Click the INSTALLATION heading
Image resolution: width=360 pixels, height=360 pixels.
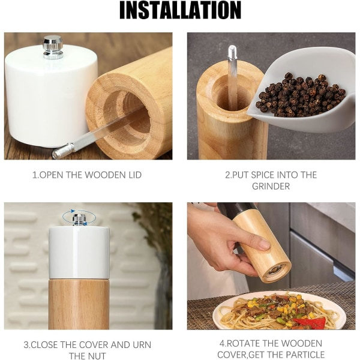coord(180,10)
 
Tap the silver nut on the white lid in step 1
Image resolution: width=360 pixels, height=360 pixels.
coord(53,47)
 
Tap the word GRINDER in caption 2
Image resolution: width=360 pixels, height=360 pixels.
coord(271,186)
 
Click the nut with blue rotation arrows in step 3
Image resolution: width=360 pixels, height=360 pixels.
coord(79,219)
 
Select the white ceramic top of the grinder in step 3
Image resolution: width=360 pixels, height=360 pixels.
coord(79,252)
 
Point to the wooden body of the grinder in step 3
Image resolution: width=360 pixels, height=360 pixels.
coord(79,304)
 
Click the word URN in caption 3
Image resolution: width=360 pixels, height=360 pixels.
coord(142,345)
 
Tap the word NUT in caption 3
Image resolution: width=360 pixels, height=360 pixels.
coord(97,356)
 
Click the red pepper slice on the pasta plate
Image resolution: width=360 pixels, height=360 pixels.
coord(310,322)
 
